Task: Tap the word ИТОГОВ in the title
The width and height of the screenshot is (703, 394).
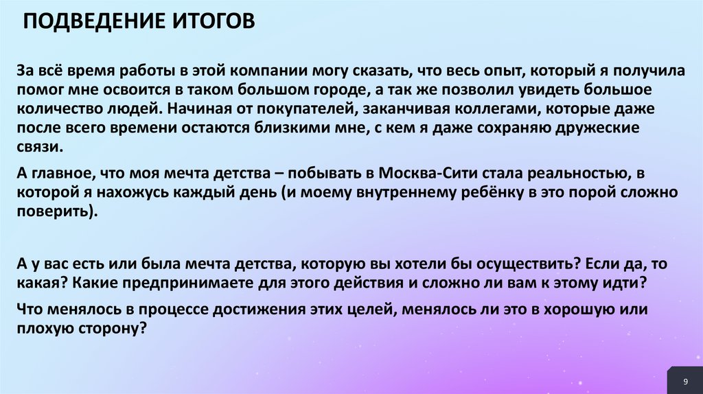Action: tap(209, 20)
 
